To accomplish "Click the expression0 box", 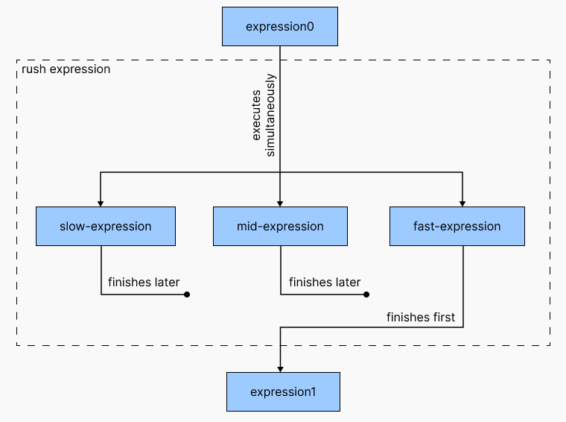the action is pos(280,26).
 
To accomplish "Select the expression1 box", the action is pos(283,391).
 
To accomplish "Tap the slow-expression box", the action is pos(106,226).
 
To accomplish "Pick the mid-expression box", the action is pos(281,226).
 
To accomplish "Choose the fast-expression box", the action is pos(457,226).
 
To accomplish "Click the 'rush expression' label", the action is pos(66,69).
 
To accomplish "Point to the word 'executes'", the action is pos(256,116).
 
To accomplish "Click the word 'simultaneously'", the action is pos(270,116).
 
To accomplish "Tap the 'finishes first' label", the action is pos(421,317).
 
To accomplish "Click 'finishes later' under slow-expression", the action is pos(144,282).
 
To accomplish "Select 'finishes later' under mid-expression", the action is pos(325,282).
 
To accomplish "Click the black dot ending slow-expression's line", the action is pos(187,295).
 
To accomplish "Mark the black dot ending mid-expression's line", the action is pos(366,295).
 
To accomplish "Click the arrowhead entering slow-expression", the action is pos(101,204).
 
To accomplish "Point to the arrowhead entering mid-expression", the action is pos(280,204).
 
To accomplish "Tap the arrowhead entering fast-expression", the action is pos(462,204).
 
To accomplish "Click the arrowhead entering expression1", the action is pos(280,369).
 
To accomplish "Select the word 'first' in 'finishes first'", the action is pos(444,317).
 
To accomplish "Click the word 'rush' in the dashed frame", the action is pos(34,69).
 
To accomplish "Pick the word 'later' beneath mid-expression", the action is pos(347,282).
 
